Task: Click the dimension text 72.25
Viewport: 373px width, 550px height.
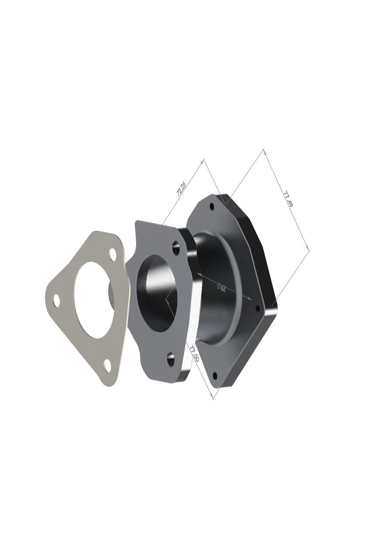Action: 181,189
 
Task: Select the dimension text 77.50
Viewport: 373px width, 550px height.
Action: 194,353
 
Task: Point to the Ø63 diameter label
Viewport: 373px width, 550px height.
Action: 221,287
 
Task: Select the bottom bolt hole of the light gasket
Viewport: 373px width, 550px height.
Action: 107,365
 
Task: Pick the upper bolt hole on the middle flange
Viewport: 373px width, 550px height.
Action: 176,247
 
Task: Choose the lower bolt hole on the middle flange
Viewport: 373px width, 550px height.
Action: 171,360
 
